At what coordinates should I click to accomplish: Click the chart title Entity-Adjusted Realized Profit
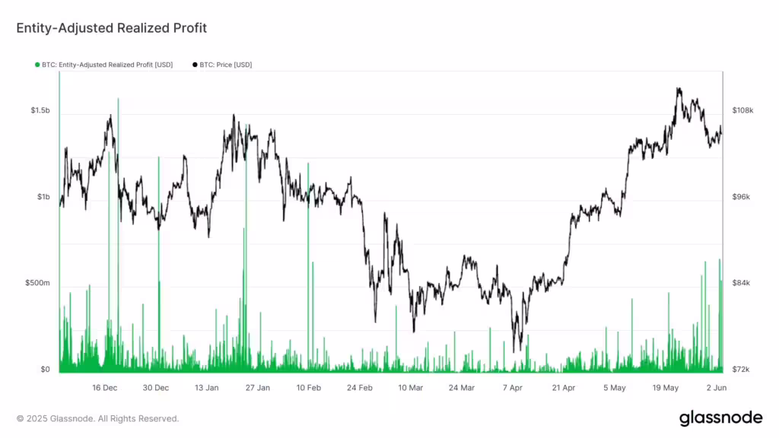[x=112, y=28]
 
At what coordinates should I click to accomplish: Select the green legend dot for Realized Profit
[x=37, y=65]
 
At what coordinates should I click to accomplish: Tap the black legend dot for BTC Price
[x=196, y=65]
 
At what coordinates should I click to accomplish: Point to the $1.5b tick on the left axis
[x=40, y=111]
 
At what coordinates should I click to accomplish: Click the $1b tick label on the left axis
[x=43, y=197]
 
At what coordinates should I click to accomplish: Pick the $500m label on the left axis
[x=37, y=284]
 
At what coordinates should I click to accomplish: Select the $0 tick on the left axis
[x=45, y=370]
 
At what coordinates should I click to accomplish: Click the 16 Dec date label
[x=105, y=388]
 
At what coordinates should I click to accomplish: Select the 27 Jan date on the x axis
[x=258, y=388]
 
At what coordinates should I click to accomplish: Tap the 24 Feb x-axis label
[x=360, y=388]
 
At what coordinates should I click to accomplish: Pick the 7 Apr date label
[x=513, y=388]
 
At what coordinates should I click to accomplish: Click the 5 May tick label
[x=615, y=388]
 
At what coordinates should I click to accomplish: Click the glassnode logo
[x=720, y=417]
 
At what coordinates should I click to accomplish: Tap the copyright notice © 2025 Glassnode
[x=98, y=418]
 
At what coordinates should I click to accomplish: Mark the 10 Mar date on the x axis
[x=411, y=388]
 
